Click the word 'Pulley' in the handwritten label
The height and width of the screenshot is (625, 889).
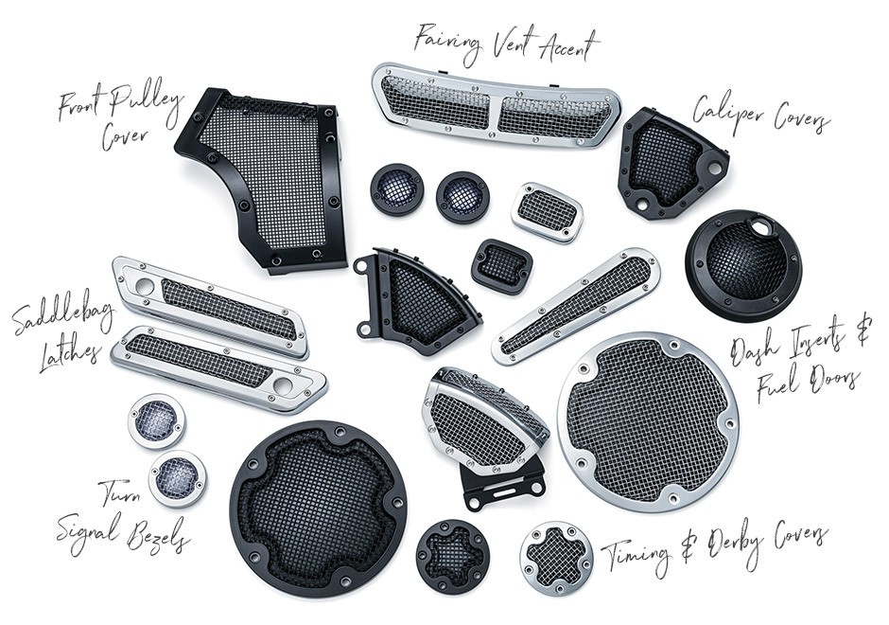(144, 102)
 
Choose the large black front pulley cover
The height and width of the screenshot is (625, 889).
(262, 181)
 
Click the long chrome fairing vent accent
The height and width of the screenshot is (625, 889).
(496, 105)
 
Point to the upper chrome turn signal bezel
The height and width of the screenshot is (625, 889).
(156, 420)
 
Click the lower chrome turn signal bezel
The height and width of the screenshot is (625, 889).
(178, 478)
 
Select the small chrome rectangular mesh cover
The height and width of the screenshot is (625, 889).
(548, 212)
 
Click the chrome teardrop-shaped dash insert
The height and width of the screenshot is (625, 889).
(575, 306)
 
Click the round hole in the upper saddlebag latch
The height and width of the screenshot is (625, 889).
(145, 287)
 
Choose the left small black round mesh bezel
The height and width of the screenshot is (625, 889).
(397, 190)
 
